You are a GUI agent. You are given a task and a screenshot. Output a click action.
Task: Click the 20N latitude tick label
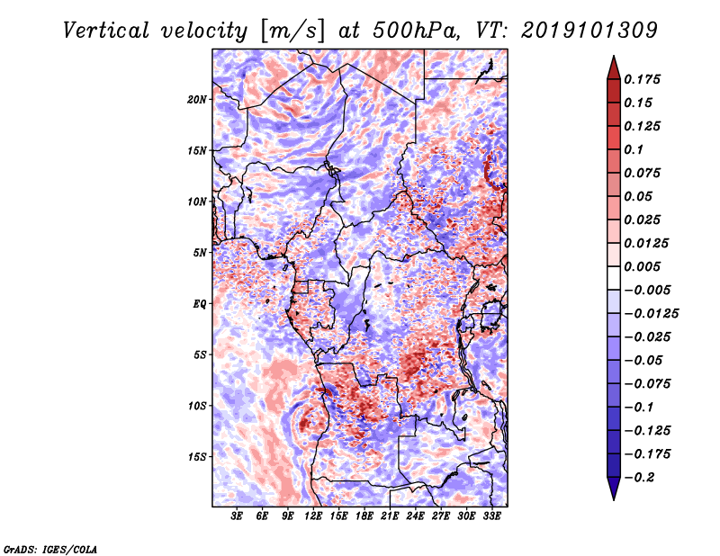coord(198,99)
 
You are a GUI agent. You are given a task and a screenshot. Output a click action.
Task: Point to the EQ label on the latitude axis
coord(200,303)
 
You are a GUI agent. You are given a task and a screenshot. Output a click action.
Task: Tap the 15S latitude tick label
coord(198,456)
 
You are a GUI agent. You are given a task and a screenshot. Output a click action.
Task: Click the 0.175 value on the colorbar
coord(643,79)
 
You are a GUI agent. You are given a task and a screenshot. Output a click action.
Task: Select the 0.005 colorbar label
coord(643,266)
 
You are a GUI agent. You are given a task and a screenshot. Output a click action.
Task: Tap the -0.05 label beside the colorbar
coord(643,360)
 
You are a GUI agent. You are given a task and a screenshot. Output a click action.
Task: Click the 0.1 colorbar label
coord(636,149)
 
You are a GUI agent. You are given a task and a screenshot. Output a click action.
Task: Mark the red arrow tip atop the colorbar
coord(612,59)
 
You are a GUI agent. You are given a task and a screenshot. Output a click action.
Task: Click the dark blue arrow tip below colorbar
coord(612,496)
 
